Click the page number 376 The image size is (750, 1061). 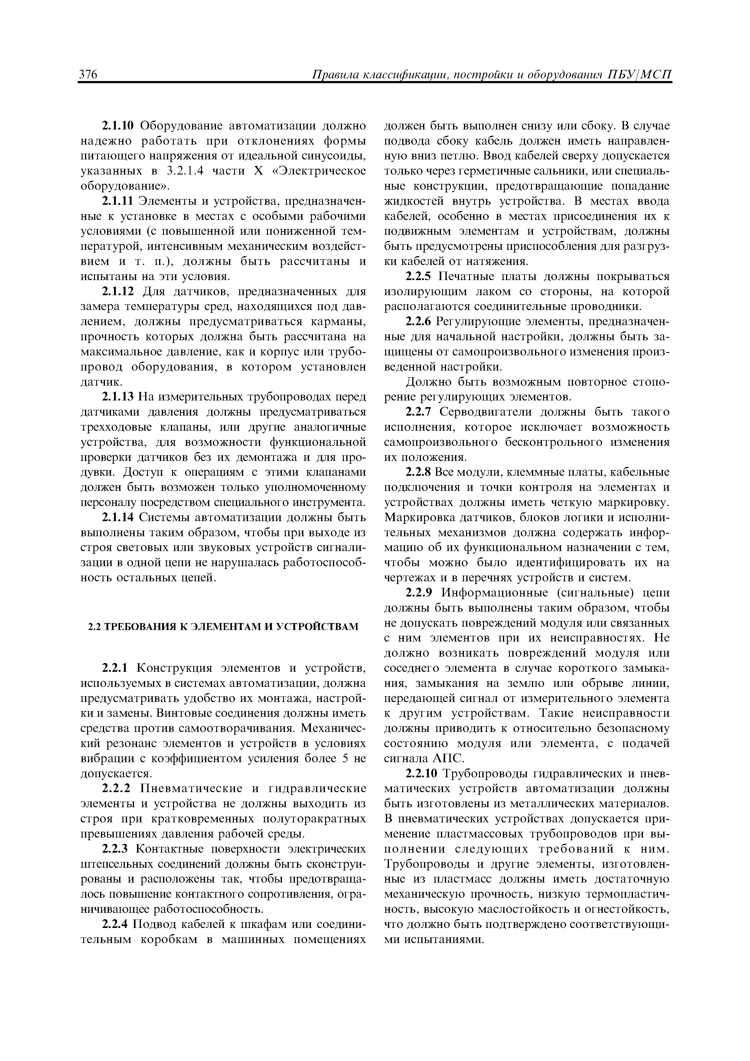(x=88, y=75)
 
